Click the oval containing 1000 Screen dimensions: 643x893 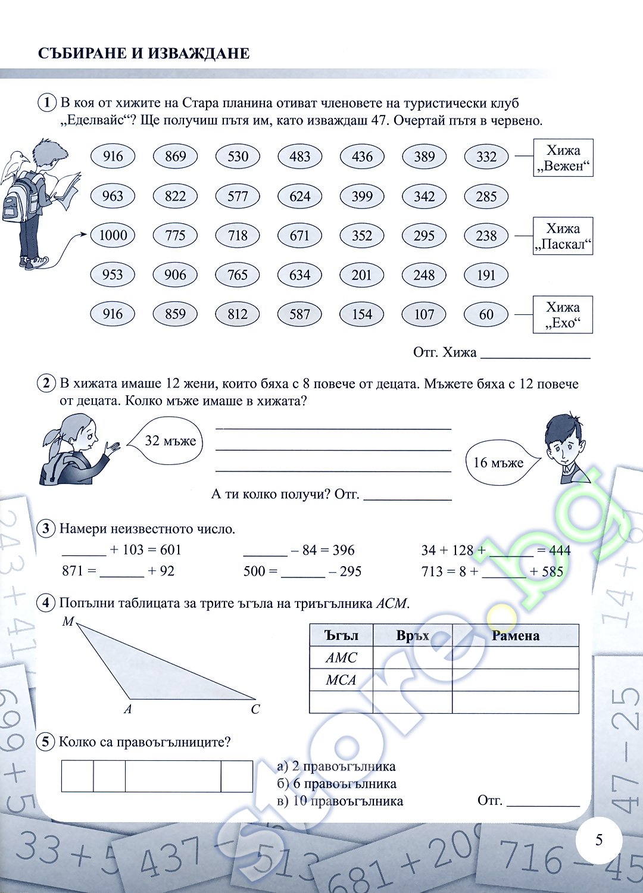[x=113, y=235]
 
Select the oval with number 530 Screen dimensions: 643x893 [x=238, y=156]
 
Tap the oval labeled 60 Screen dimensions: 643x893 [x=486, y=314]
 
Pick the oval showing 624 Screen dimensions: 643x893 [x=300, y=196]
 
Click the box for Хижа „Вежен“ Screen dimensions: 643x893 [x=563, y=158]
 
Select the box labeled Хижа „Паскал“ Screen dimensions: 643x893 [x=563, y=236]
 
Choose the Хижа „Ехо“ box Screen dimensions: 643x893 [x=563, y=314]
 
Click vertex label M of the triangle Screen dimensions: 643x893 [x=68, y=621]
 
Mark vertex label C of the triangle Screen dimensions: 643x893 [x=255, y=709]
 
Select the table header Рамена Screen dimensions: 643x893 [x=516, y=635]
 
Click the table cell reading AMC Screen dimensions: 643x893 [x=341, y=657]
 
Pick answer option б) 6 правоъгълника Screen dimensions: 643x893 [x=337, y=784]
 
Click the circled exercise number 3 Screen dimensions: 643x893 [x=46, y=529]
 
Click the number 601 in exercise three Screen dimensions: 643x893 [x=171, y=550]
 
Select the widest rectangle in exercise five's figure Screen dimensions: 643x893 [x=173, y=776]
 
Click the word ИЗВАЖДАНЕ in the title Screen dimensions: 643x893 [x=199, y=53]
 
